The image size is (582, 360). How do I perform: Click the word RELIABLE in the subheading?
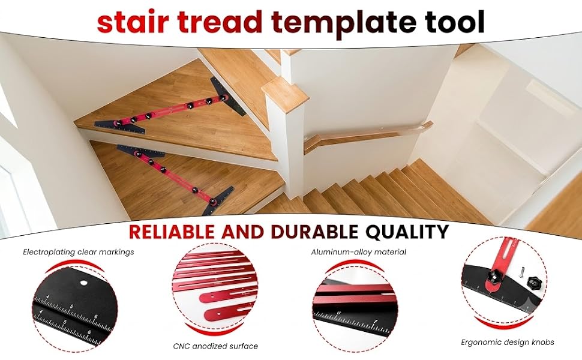(x=172, y=232)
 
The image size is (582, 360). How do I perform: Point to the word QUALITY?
(x=407, y=232)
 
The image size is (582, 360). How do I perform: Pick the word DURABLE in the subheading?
(x=314, y=232)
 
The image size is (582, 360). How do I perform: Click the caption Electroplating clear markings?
(x=79, y=253)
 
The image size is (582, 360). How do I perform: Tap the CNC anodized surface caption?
(x=215, y=346)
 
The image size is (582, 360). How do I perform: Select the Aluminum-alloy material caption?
(x=359, y=252)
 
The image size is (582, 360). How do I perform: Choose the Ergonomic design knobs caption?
(x=508, y=342)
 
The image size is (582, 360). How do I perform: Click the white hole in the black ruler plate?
(x=83, y=283)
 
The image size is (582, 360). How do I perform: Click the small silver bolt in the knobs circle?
(x=521, y=271)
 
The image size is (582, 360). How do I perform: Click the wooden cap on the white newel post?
(x=284, y=94)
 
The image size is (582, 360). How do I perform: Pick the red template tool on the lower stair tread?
(x=176, y=179)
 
